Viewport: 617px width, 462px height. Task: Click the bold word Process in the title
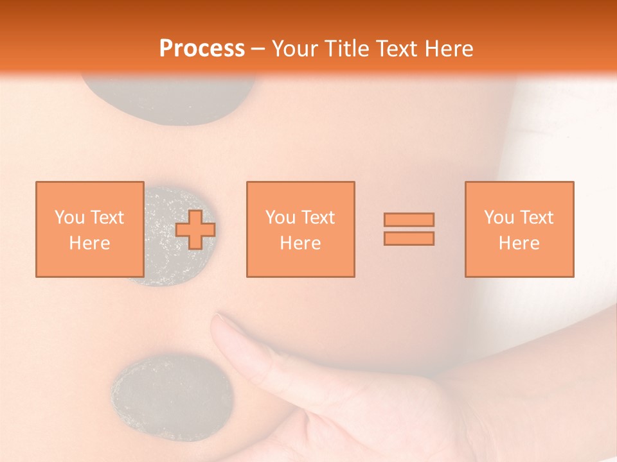click(202, 49)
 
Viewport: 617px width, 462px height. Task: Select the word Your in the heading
click(294, 49)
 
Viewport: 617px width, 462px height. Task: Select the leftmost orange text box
click(89, 229)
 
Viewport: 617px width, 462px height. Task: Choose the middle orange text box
click(300, 229)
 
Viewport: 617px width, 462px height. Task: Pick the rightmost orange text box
click(519, 229)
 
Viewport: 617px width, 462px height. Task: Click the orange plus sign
click(195, 230)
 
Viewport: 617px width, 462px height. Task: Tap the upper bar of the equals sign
click(409, 219)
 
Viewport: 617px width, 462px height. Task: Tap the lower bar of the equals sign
click(409, 239)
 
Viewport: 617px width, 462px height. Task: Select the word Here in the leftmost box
click(89, 243)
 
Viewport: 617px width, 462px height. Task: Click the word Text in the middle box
click(318, 218)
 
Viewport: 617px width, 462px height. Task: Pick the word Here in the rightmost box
click(519, 243)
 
